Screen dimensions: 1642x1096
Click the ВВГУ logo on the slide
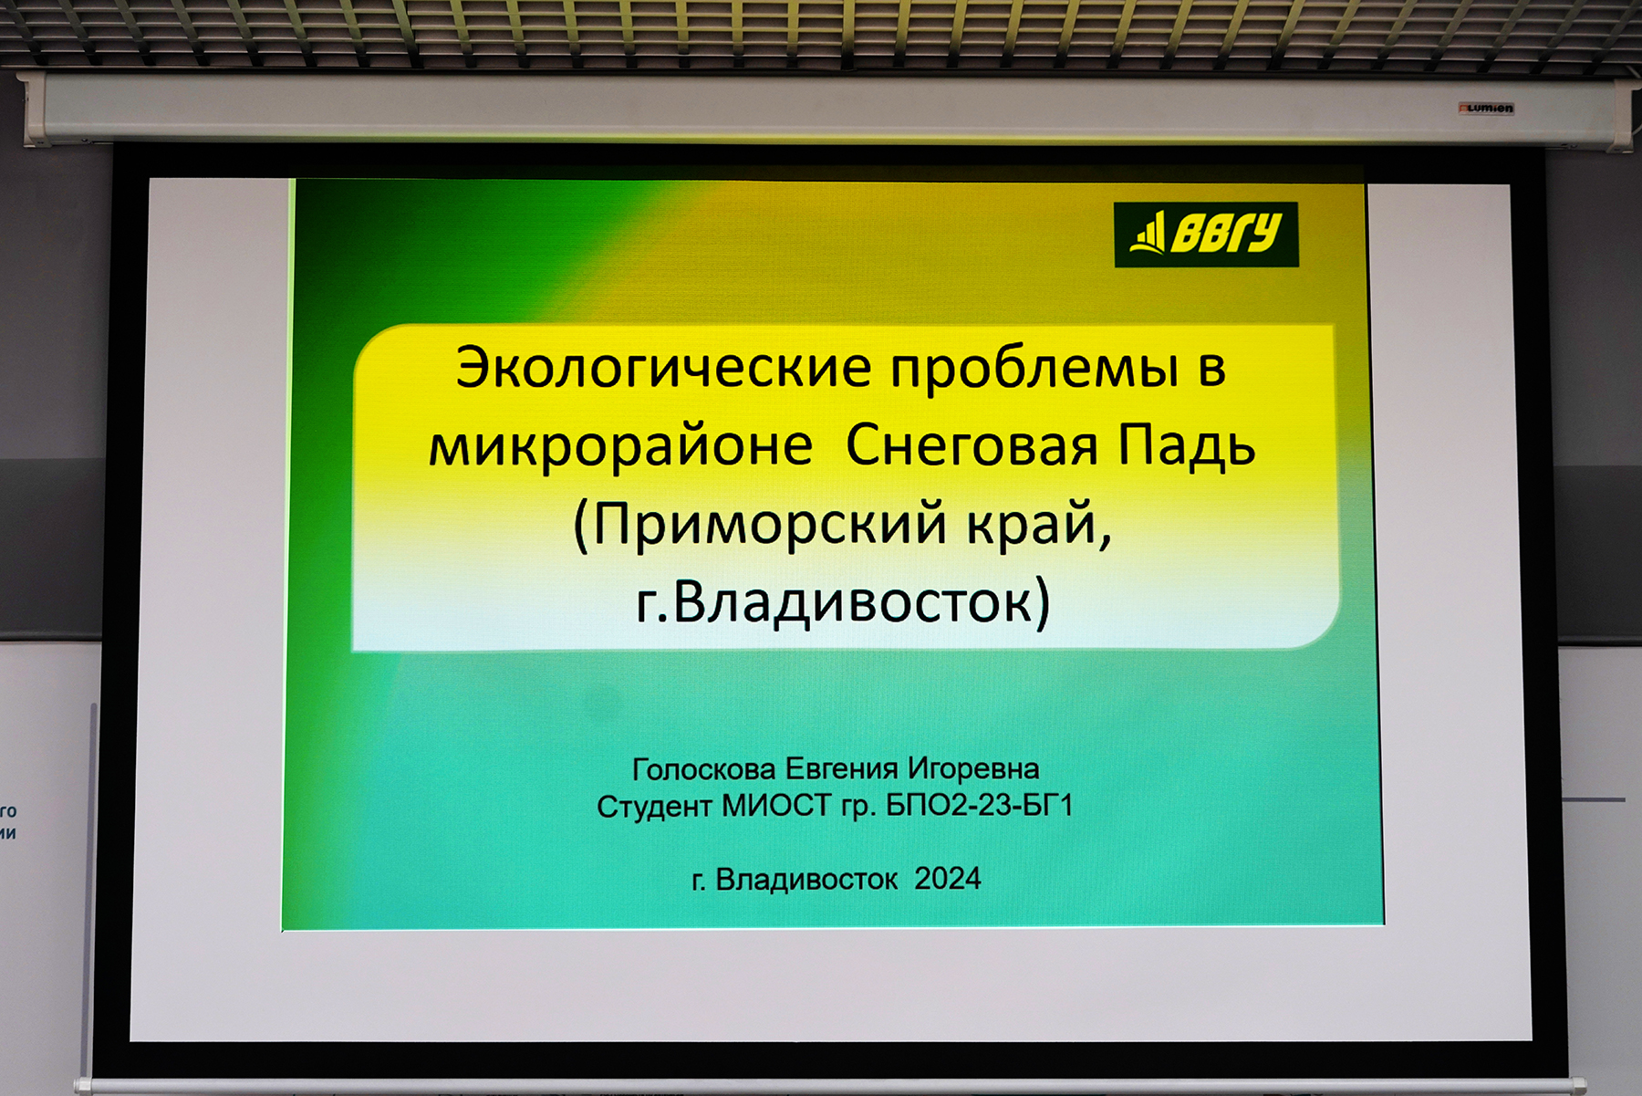(x=1206, y=235)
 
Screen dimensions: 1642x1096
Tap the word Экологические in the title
(x=664, y=368)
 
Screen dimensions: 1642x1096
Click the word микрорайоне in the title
(x=621, y=446)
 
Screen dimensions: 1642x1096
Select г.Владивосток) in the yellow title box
(x=844, y=601)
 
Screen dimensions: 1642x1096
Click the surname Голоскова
(x=704, y=769)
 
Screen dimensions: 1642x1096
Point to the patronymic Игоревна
(x=973, y=769)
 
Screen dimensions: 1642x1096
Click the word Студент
(x=655, y=807)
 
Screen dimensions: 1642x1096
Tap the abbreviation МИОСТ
(x=776, y=806)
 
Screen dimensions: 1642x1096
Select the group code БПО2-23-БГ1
(x=979, y=806)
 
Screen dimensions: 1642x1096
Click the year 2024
(x=948, y=879)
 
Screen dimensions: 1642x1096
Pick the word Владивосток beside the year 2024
(x=806, y=880)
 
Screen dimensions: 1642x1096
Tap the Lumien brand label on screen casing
(x=1486, y=109)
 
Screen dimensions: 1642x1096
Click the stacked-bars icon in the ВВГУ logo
(x=1148, y=233)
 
